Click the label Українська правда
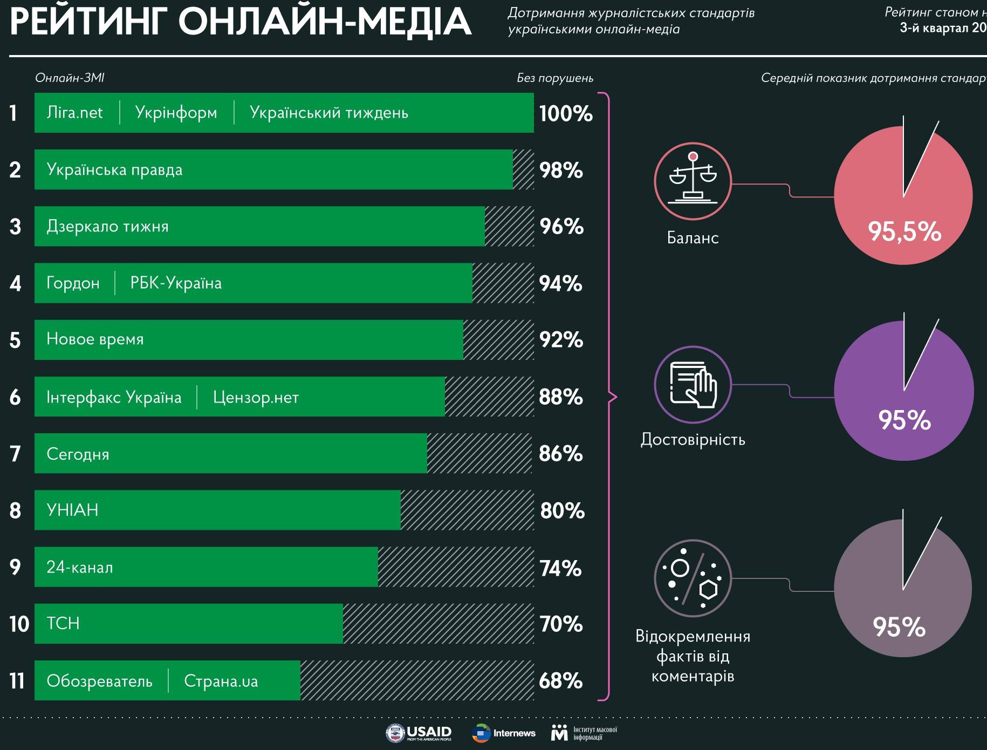pyautogui.click(x=114, y=170)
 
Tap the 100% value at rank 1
pyautogui.click(x=566, y=113)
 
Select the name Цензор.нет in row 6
pyautogui.click(x=256, y=398)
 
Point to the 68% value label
pyautogui.click(x=561, y=681)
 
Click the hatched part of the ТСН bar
pyautogui.click(x=438, y=624)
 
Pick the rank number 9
pyautogui.click(x=15, y=567)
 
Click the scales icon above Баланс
pyautogui.click(x=693, y=181)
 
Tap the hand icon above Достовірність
pyautogui.click(x=693, y=385)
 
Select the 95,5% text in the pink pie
pyautogui.click(x=904, y=231)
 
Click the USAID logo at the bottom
pyautogui.click(x=419, y=733)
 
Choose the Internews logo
pyautogui.click(x=503, y=733)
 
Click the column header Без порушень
pyautogui.click(x=555, y=78)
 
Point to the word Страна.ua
pyautogui.click(x=221, y=681)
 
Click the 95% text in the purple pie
pyautogui.click(x=904, y=420)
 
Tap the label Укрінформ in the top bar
pyautogui.click(x=176, y=113)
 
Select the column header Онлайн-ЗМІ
pyautogui.click(x=70, y=78)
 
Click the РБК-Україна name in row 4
pyautogui.click(x=176, y=283)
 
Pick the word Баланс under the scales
pyautogui.click(x=693, y=238)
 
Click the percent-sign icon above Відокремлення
pyautogui.click(x=693, y=578)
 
